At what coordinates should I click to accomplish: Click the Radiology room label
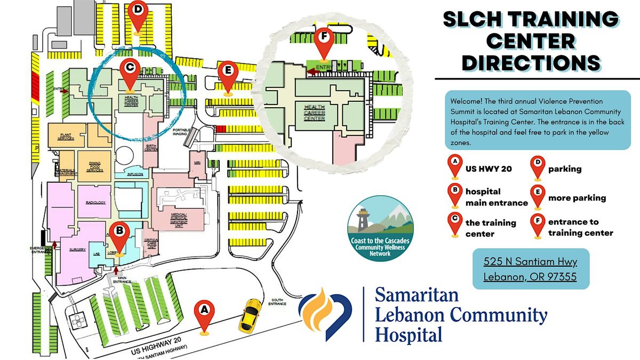[96, 203]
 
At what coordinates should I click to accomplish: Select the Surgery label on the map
[77, 250]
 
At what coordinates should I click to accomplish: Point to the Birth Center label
[150, 148]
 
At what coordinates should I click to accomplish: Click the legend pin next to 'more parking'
[537, 196]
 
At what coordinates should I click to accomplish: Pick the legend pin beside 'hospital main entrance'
[454, 195]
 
